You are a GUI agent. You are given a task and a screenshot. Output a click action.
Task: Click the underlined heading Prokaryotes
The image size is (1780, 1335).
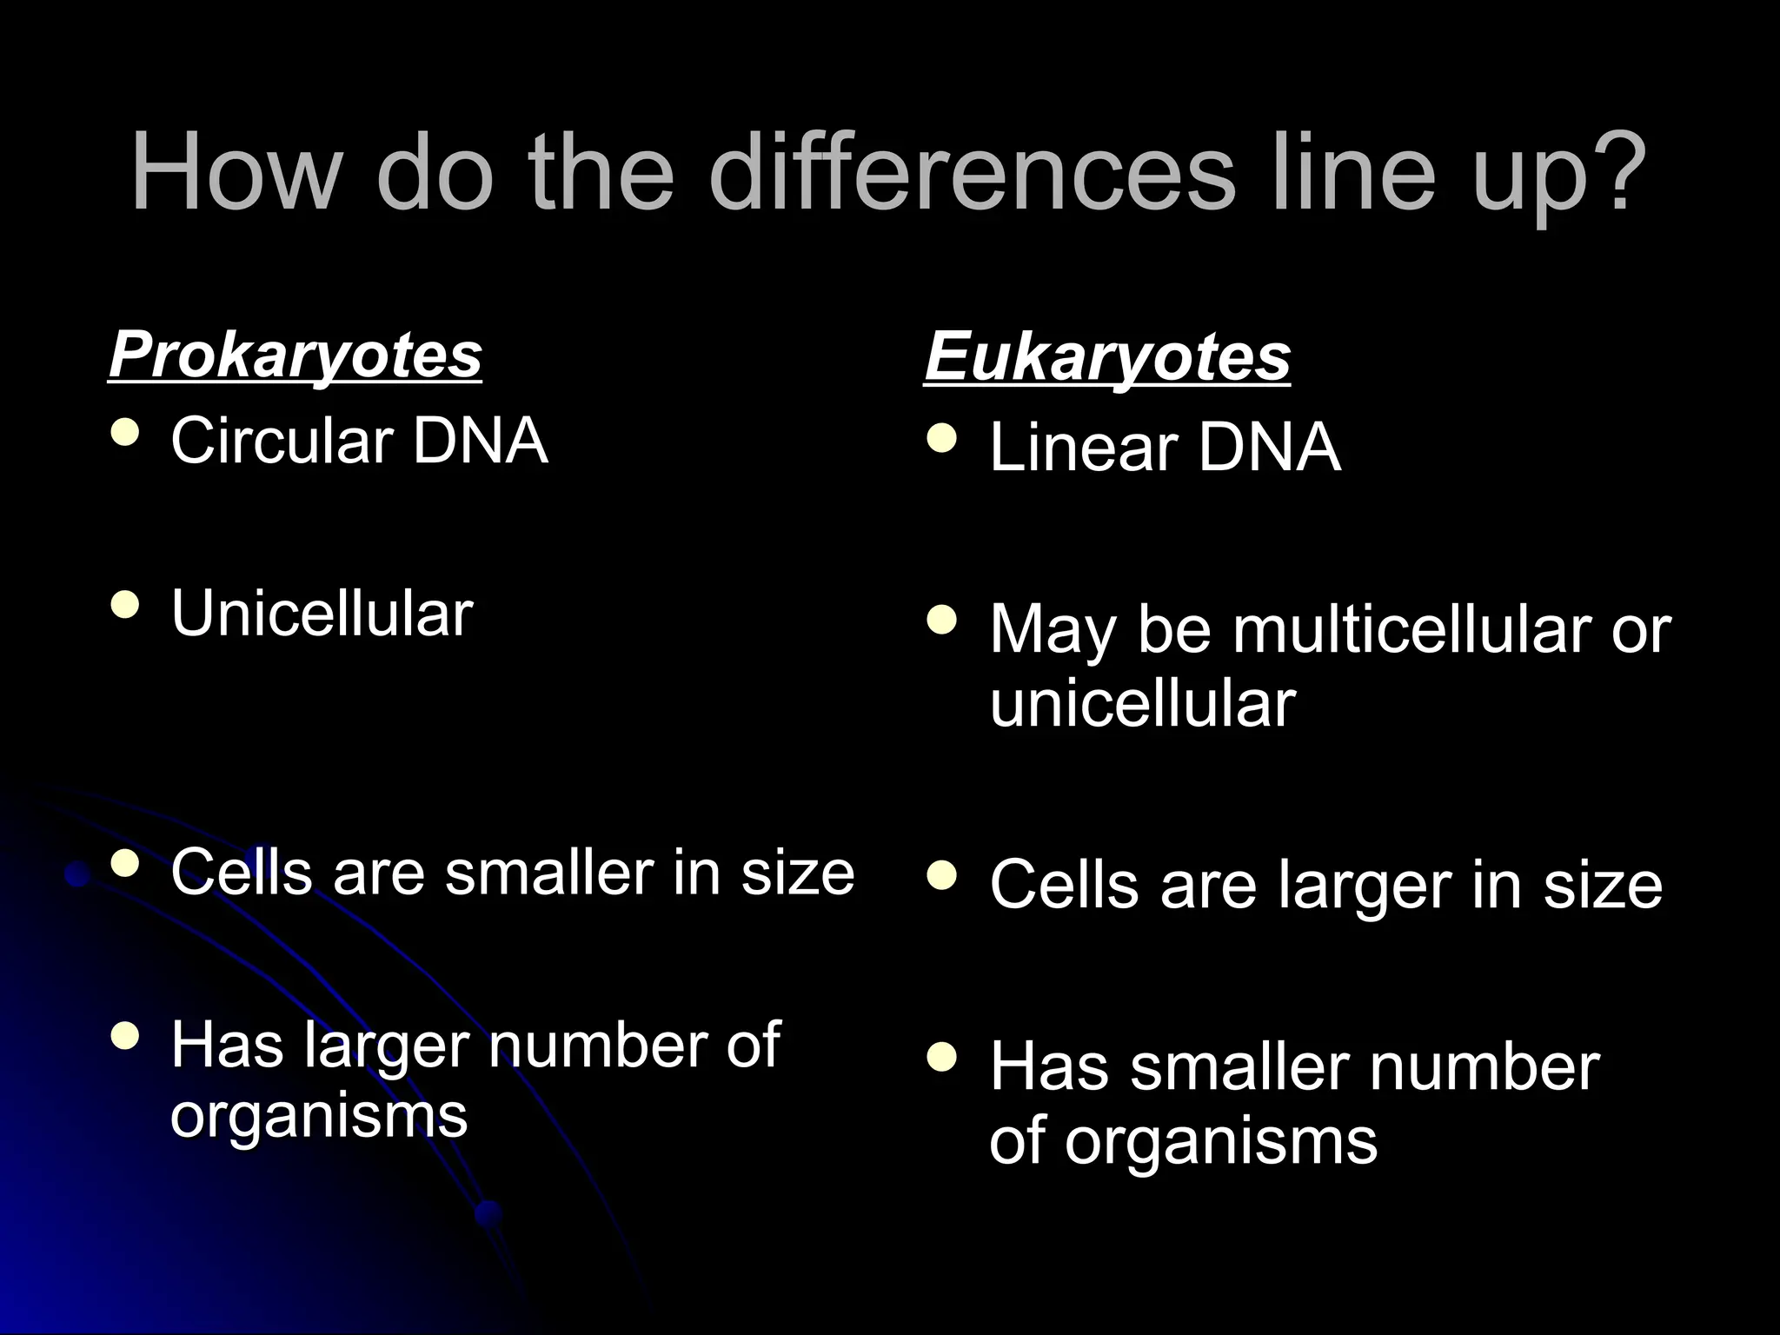point(296,355)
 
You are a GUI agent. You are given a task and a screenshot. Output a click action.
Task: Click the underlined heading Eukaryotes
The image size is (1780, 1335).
point(1107,357)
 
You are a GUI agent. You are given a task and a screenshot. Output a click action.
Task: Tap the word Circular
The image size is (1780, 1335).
point(283,441)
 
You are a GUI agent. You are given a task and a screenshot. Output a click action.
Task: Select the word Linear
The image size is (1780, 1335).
point(1083,448)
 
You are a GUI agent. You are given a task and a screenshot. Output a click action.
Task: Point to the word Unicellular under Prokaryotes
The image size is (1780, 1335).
point(322,614)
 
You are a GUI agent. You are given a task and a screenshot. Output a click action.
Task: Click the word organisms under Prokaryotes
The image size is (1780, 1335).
point(319,1116)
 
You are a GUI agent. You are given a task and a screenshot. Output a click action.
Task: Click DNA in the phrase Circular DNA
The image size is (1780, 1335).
point(480,441)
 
